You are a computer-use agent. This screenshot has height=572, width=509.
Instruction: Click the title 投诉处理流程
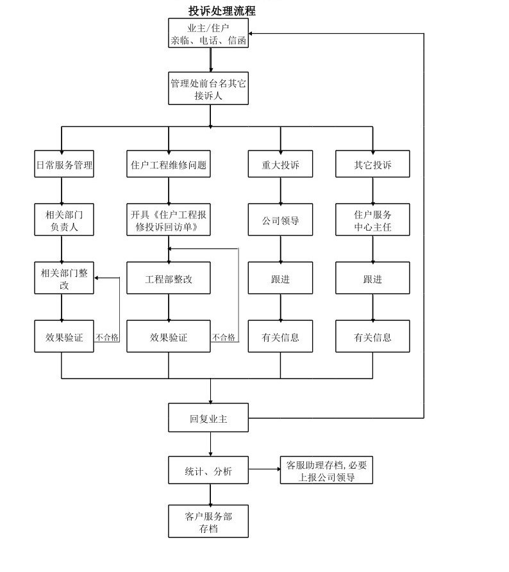pos(222,11)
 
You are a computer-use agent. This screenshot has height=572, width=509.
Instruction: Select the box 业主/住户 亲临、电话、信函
pos(208,33)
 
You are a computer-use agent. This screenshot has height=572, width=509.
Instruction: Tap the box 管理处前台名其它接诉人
pos(208,88)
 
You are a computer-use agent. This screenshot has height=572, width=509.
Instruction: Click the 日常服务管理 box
pos(64,165)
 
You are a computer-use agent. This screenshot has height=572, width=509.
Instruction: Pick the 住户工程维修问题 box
pos(169,165)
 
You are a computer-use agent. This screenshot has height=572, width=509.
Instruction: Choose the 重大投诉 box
pos(280,165)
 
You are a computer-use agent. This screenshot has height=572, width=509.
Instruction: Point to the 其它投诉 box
pos(372,165)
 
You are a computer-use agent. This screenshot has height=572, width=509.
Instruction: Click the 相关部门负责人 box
pos(64,220)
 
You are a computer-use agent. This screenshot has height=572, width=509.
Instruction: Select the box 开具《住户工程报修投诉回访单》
pos(169,220)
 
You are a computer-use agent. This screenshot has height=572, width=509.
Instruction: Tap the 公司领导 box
pos(280,220)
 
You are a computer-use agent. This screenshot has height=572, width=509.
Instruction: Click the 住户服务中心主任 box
pos(372,220)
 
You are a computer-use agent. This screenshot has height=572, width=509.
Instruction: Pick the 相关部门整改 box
pos(64,279)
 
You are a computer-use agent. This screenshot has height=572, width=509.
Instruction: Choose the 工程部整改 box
pos(169,279)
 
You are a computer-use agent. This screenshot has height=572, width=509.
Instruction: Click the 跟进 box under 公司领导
pos(280,279)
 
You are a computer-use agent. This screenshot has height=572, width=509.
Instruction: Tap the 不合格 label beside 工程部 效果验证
pos(224,337)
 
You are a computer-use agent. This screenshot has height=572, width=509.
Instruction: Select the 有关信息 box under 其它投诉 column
pos(372,336)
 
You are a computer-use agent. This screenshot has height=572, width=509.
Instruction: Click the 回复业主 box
pos(208,418)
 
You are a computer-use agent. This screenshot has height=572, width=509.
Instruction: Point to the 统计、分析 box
pos(208,472)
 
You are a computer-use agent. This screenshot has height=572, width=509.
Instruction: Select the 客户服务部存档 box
pos(208,521)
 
